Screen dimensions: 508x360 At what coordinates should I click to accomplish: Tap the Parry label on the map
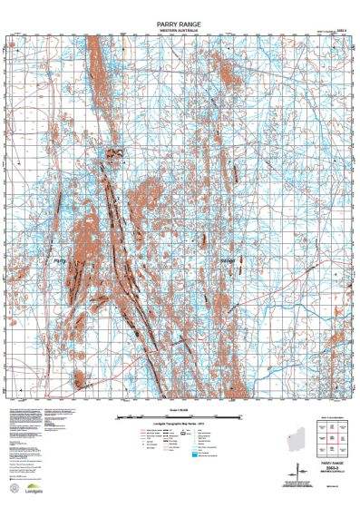[62, 261]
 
